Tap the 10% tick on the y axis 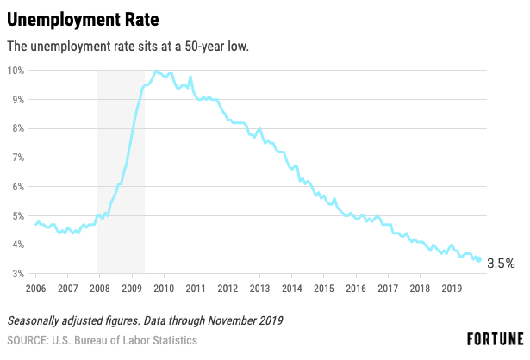coord(16,71)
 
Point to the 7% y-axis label coord(18,158)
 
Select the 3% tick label coord(18,274)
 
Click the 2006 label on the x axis coord(35,288)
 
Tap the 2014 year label coord(291,288)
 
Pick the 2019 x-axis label coord(452,288)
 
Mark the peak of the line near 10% coord(155,71)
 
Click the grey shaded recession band coord(121,172)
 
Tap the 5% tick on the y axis coord(18,215)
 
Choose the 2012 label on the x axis coord(228,288)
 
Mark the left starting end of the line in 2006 coord(35,224)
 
